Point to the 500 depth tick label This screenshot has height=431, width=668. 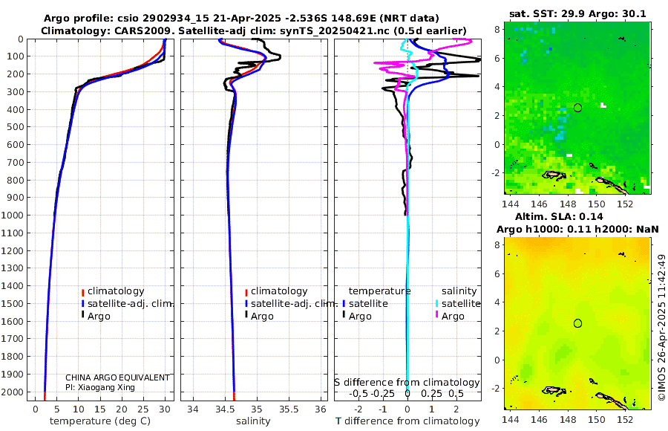17,127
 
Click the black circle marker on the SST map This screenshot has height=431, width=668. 577,108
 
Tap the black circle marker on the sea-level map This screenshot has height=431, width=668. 577,323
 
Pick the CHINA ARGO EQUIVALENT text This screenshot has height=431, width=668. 117,377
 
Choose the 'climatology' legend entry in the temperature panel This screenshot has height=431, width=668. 115,291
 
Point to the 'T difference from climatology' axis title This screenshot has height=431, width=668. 407,421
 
